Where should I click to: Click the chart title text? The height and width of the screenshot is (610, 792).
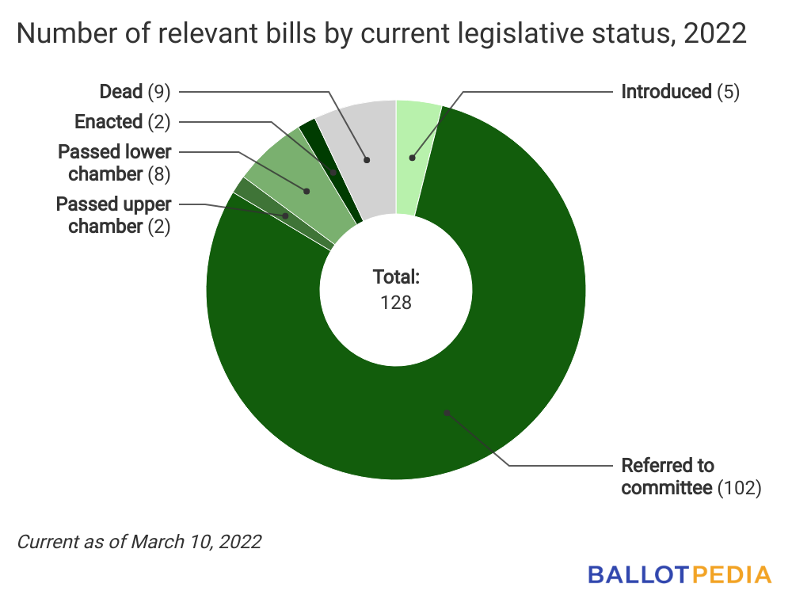381,36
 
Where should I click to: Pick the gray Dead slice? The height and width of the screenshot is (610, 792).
367,158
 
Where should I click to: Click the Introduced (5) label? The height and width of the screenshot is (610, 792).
680,92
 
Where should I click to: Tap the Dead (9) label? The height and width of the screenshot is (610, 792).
135,92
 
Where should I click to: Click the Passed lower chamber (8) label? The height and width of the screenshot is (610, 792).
114,162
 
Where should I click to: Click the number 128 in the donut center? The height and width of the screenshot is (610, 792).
395,302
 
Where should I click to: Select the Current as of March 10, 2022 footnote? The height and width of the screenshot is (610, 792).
139,543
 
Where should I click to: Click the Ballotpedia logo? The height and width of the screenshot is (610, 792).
679,574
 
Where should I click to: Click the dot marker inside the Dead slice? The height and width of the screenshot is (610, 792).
367,160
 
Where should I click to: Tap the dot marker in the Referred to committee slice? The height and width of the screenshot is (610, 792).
447,412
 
